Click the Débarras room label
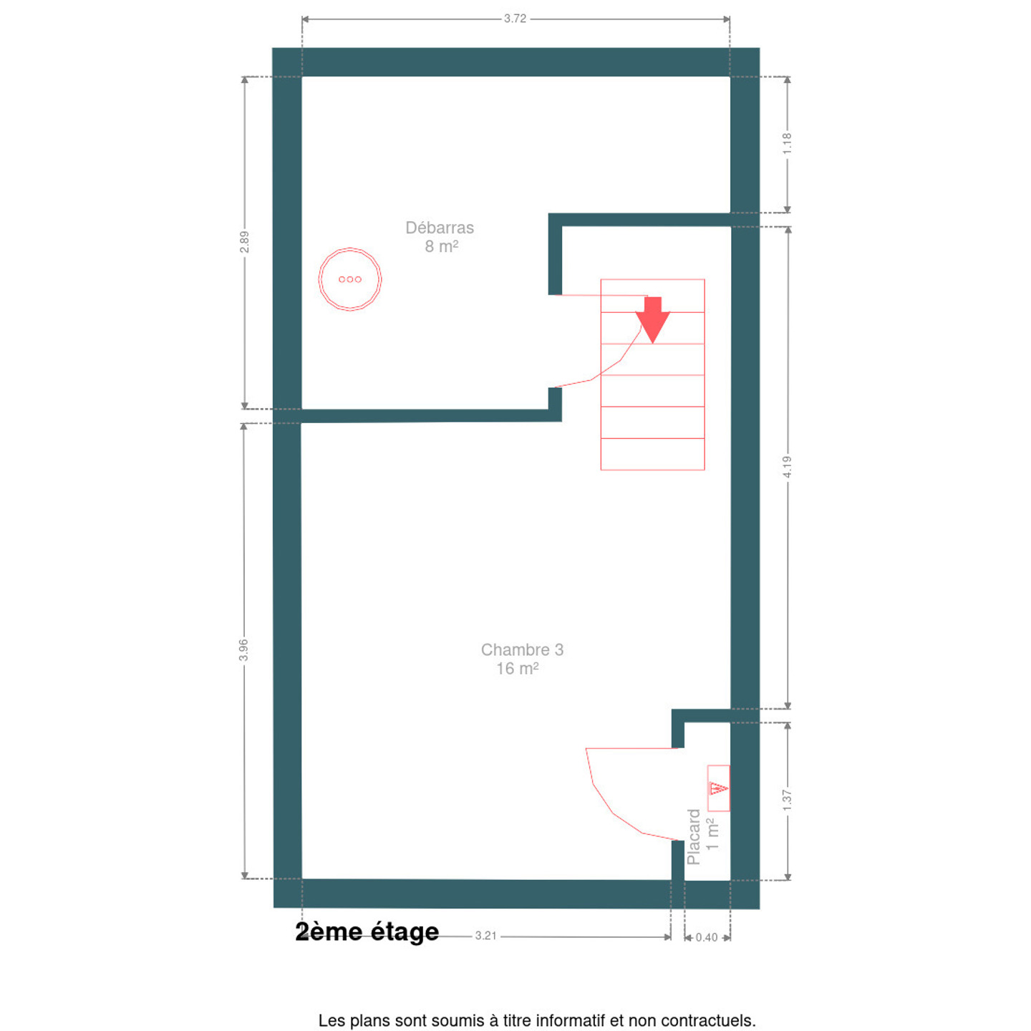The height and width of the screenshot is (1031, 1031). point(440,228)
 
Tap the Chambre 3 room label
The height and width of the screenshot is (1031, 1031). point(522,649)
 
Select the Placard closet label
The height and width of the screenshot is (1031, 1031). point(693,837)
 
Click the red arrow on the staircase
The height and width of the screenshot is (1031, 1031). point(652,320)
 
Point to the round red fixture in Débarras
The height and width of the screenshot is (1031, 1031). point(350,279)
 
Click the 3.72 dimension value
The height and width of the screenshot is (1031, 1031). point(515,19)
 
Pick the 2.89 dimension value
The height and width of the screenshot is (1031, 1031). point(245,242)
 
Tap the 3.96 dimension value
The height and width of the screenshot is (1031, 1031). point(243,650)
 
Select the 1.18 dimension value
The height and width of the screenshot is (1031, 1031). point(787,144)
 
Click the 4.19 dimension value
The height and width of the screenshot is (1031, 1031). point(787,467)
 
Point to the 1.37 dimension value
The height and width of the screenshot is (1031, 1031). point(787,800)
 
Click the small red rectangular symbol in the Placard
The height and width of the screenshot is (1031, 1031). point(718,788)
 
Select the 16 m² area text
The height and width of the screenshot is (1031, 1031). point(517,668)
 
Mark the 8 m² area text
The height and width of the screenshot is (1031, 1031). point(442,246)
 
